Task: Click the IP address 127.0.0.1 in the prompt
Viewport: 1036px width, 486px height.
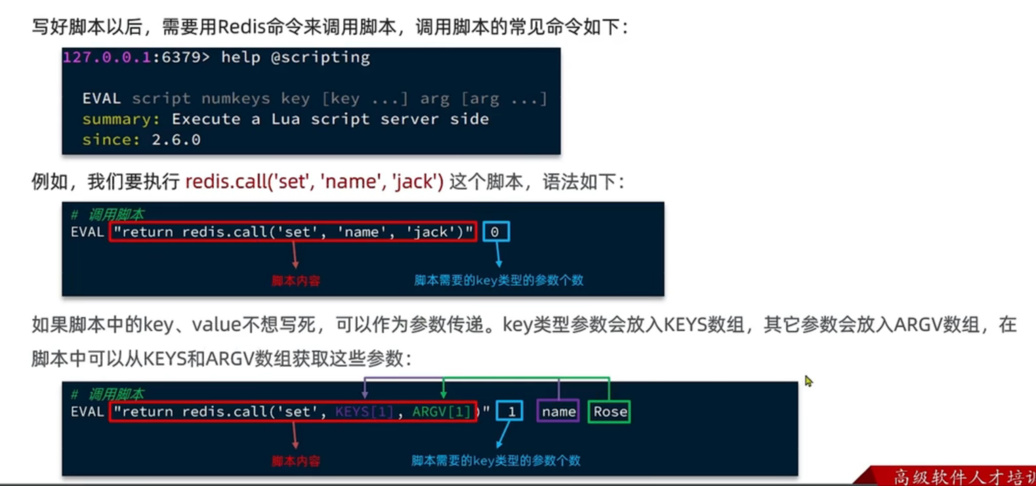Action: coord(107,58)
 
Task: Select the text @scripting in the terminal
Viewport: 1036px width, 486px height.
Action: coord(320,58)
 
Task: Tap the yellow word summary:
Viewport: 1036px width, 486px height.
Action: coord(121,119)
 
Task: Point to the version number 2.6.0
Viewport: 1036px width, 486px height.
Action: coord(176,140)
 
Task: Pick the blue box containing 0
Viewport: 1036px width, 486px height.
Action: coord(495,232)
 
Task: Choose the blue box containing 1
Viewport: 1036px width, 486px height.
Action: coord(510,412)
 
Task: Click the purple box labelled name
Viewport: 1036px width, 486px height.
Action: coord(558,412)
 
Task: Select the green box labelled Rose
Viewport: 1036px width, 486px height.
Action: coord(610,412)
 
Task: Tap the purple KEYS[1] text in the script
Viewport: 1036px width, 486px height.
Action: coord(364,412)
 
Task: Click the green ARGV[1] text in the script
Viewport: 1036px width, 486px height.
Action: coord(442,412)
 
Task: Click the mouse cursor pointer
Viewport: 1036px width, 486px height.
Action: coord(808,381)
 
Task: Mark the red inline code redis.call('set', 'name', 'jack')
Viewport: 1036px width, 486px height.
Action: coord(314,182)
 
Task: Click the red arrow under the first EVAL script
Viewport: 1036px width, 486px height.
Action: coord(295,254)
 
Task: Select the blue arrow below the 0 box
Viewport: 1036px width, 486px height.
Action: coord(498,254)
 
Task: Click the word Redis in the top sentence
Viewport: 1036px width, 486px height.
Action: coord(241,27)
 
